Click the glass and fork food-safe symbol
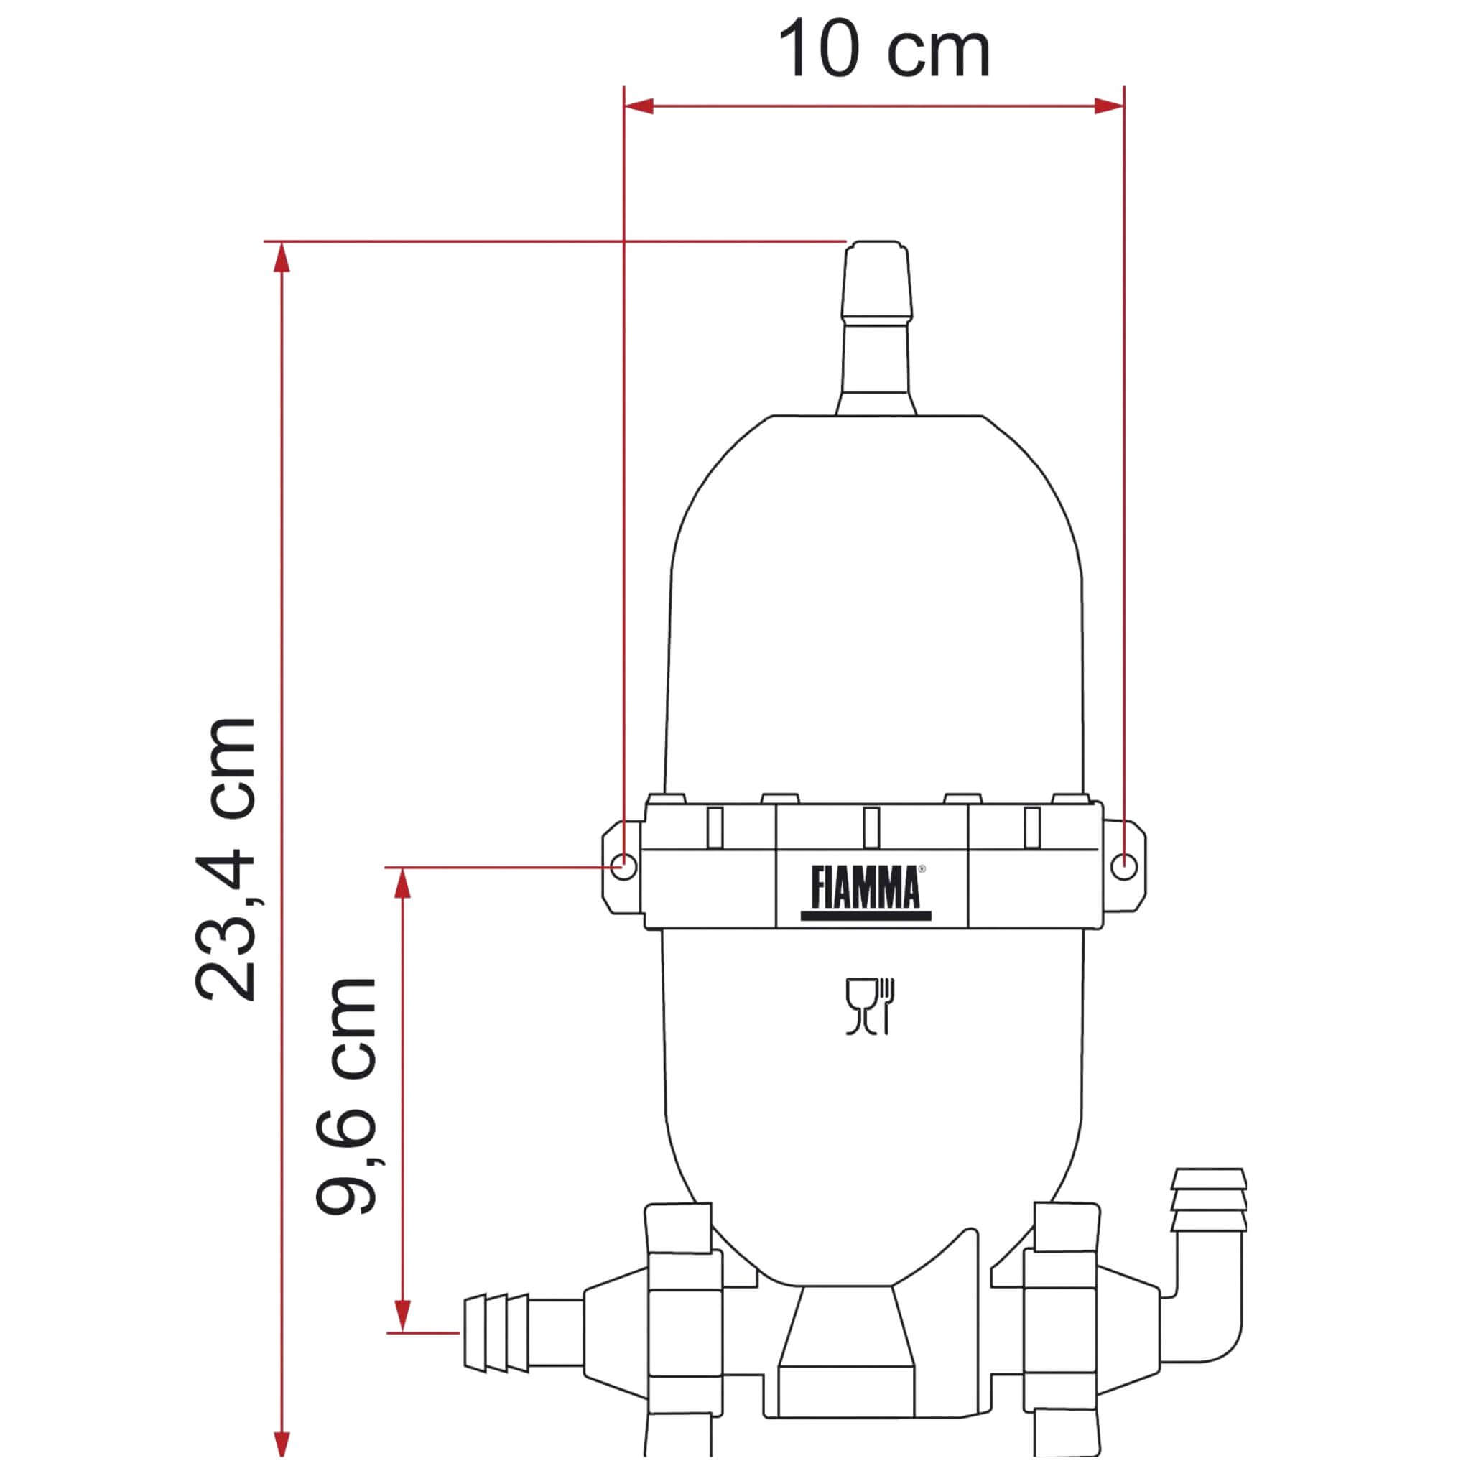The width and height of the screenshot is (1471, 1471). pos(870,1006)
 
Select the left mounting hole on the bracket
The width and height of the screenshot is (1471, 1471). pos(623,866)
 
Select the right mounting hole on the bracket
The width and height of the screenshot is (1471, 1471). pos(1124,866)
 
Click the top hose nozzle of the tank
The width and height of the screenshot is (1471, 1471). pos(876,289)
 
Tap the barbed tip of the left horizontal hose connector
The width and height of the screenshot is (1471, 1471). pos(496,1332)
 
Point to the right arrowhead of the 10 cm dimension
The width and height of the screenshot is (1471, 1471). pos(1109,106)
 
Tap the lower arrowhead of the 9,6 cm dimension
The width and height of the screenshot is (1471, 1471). pos(403,1317)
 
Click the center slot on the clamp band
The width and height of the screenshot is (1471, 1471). pos(872,827)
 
